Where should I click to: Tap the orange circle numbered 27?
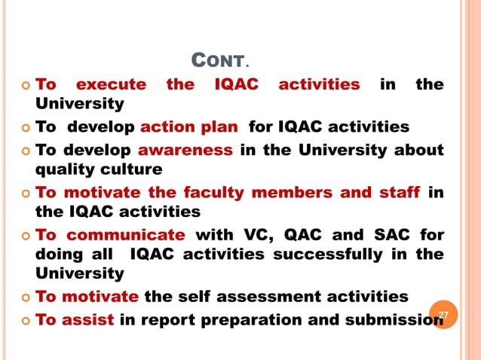443,313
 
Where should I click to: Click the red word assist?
88,319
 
